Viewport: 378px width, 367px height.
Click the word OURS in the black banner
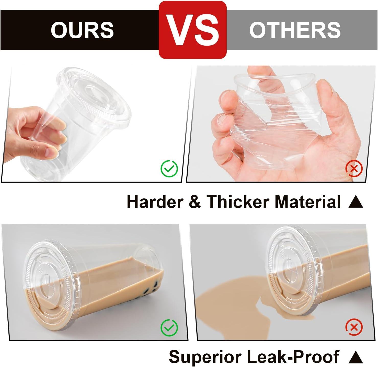[82, 30]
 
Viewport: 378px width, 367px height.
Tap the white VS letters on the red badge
[193, 30]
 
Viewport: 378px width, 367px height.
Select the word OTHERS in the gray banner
[295, 30]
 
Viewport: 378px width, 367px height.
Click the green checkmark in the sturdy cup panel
[169, 169]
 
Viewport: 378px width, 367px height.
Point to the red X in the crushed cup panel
[354, 169]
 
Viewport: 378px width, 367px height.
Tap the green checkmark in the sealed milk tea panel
[169, 327]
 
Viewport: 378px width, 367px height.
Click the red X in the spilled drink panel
[354, 327]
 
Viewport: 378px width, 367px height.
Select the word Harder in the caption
[155, 202]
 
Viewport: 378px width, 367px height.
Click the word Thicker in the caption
[238, 202]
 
